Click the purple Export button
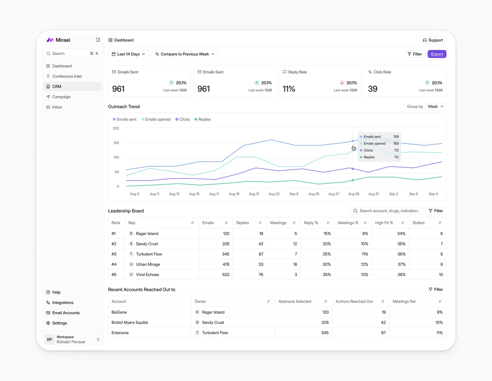coord(437,54)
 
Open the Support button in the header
coord(433,40)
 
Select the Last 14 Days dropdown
coord(128,54)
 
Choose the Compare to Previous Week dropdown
coord(184,54)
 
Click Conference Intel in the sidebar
coord(67,76)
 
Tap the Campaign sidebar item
coord(61,97)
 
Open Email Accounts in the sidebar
coord(66,313)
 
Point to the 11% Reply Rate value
coord(289,89)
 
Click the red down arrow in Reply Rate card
coord(342,83)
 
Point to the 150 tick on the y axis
coord(116,143)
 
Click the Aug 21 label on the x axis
coord(254,194)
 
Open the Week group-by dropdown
coord(436,107)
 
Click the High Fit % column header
coord(384,223)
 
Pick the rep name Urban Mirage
coord(148,265)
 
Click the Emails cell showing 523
coord(225,275)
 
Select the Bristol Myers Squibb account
coord(130,323)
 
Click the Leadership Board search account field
coord(389,211)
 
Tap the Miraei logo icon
coord(50,40)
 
